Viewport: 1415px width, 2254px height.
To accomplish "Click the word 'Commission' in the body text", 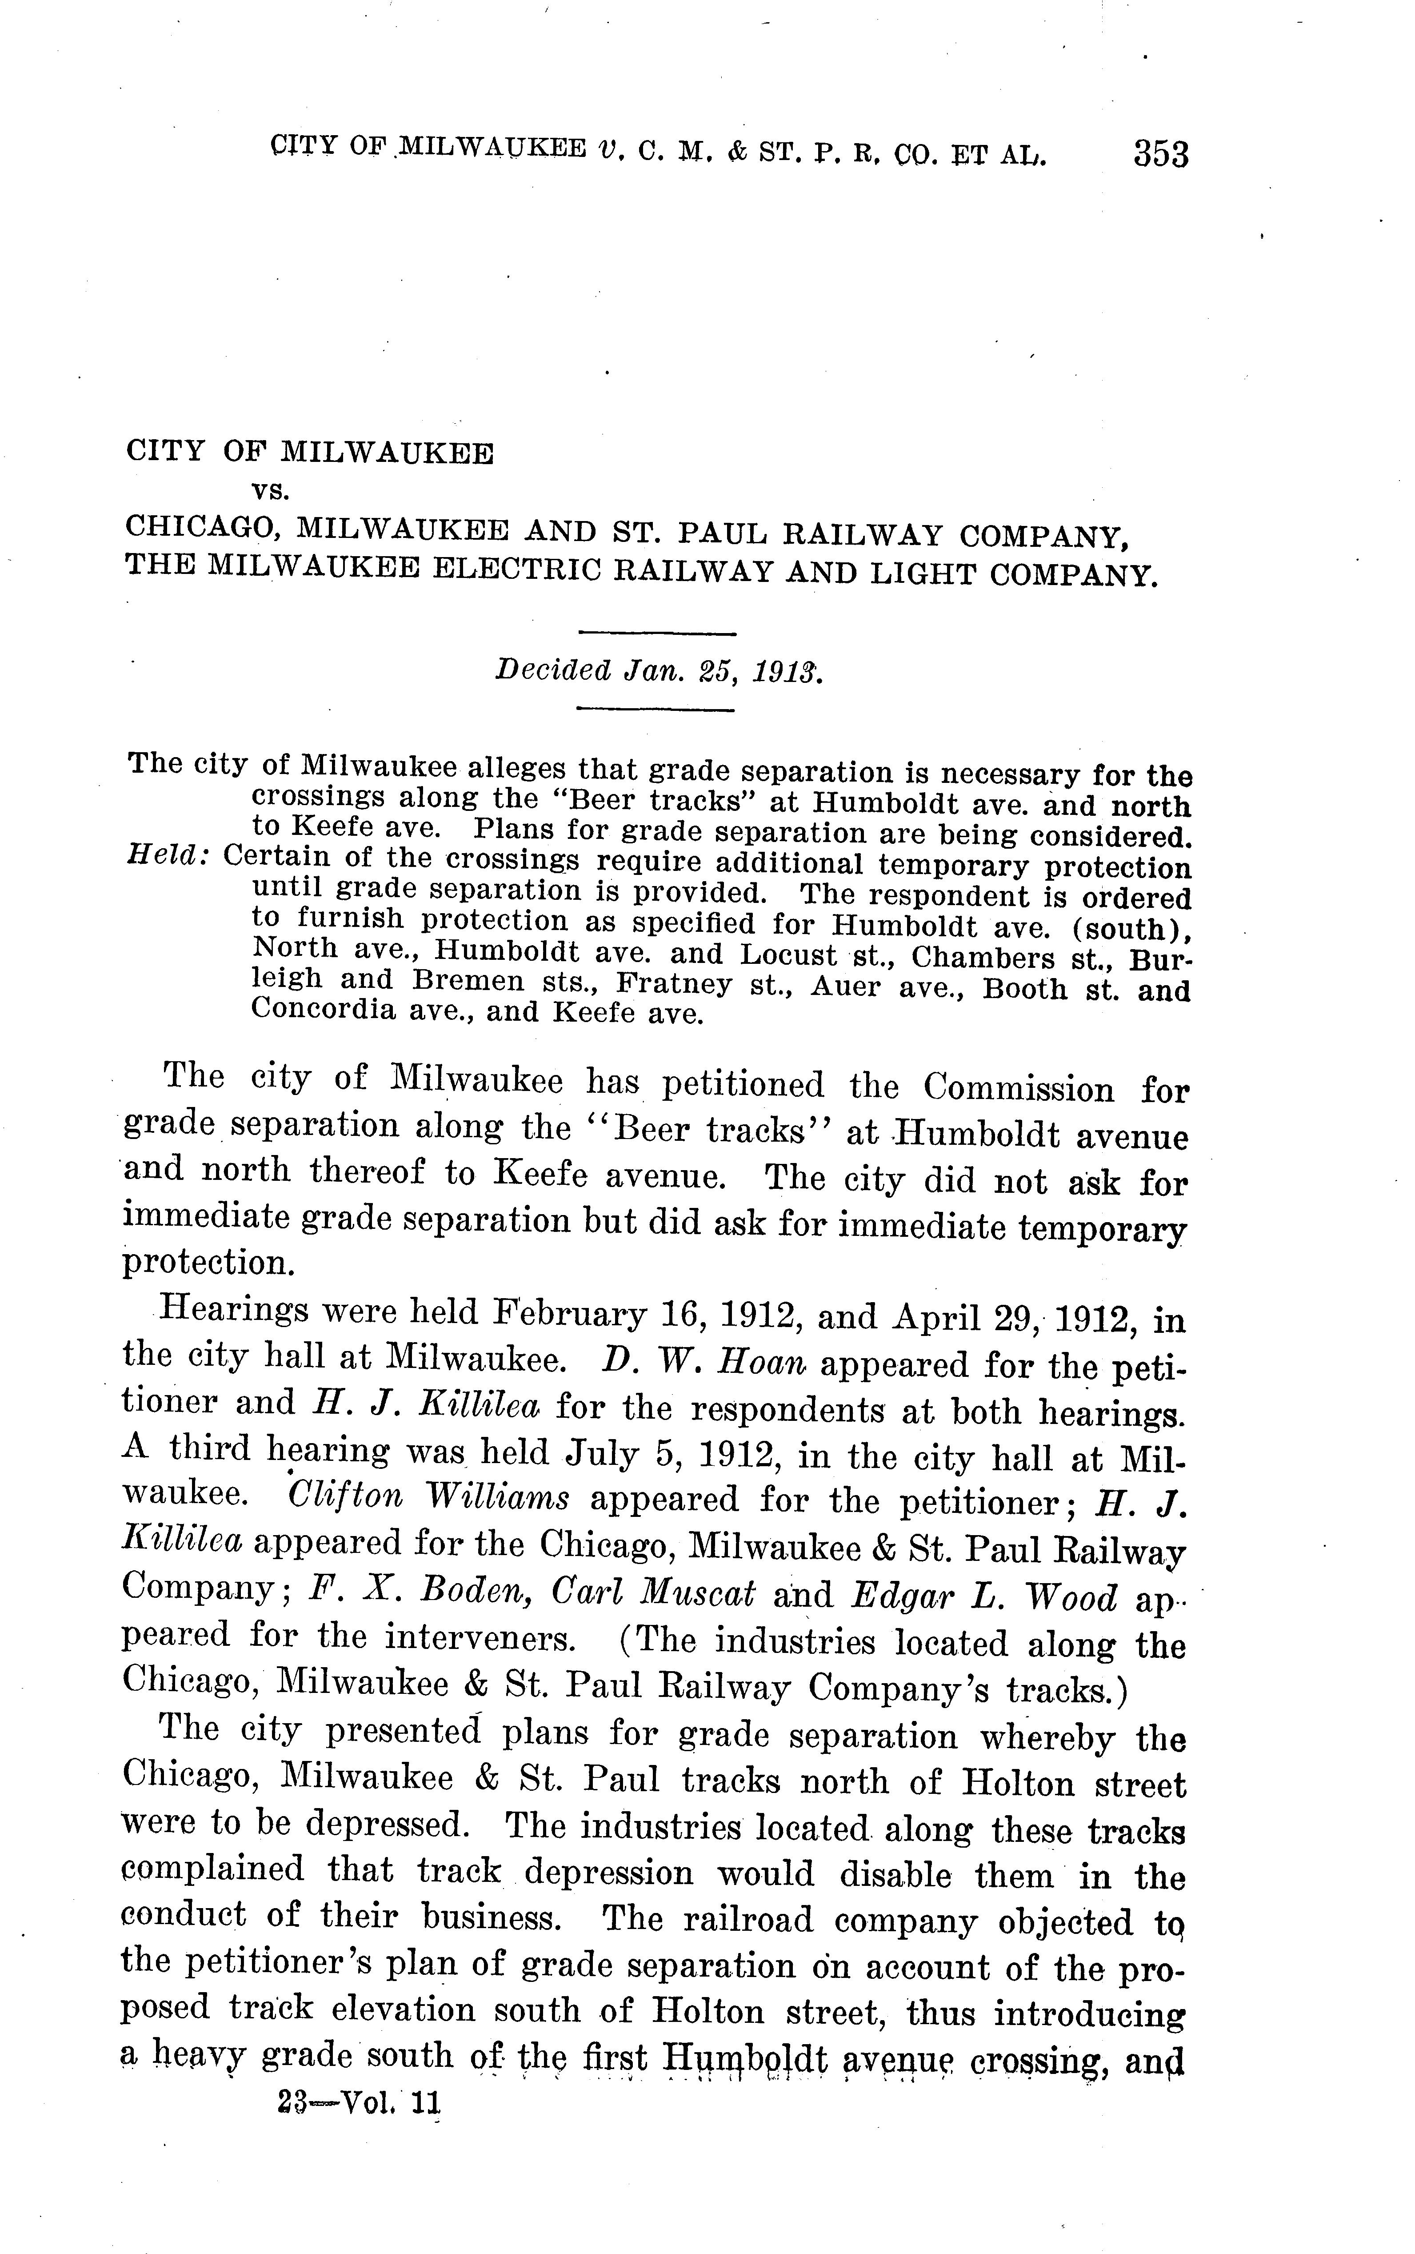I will (x=1018, y=1089).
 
